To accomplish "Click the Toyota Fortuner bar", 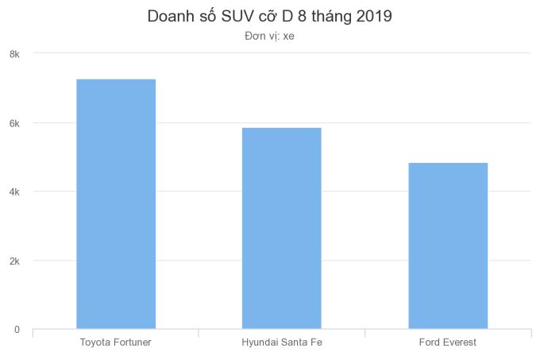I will coord(116,203).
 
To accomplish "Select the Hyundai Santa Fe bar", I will coord(282,228).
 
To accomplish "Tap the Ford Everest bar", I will coord(448,246).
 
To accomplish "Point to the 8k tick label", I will coord(14,54).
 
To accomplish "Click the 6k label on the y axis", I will coord(14,123).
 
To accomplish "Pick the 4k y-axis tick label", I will coord(14,192).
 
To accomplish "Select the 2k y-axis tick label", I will coord(14,261).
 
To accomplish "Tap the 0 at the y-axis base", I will coord(17,329).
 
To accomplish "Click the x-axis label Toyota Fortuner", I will coord(116,343).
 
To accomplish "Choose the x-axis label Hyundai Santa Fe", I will coord(282,343).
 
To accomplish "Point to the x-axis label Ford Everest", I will coord(448,343).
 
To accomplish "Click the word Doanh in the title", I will coord(170,16).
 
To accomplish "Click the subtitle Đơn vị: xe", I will coord(270,36).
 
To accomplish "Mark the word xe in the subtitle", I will coord(287,36).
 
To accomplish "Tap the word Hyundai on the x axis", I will coord(260,343).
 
